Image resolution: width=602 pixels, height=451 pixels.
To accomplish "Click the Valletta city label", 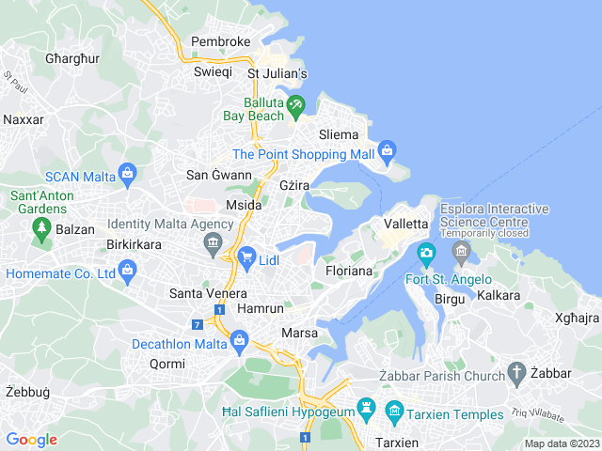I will [406, 224].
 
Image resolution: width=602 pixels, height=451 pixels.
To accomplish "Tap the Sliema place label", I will [340, 135].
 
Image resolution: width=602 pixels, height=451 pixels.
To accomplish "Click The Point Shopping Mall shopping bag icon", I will [388, 150].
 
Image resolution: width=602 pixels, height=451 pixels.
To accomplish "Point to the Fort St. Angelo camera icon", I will [426, 252].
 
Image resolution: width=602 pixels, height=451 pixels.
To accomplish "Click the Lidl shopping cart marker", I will [246, 256].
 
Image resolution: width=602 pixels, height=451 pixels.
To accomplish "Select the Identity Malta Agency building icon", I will [213, 245].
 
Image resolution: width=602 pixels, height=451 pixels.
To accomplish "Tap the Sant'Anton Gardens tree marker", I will [40, 227].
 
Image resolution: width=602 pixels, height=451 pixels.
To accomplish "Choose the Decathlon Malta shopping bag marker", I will [239, 340].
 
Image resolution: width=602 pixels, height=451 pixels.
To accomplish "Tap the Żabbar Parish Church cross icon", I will [516, 372].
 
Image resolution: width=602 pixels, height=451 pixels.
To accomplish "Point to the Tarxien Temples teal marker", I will [394, 412].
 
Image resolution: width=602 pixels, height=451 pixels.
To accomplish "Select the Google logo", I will [31, 439].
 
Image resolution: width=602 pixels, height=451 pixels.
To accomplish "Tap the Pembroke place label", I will [221, 42].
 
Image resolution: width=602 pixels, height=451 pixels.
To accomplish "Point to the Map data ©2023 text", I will [562, 443].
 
